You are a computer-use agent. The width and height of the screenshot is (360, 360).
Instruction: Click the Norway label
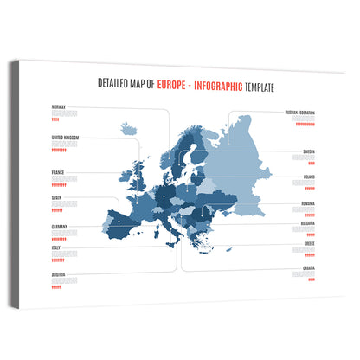click(x=59, y=106)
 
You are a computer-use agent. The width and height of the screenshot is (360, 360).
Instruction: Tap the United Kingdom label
click(x=66, y=138)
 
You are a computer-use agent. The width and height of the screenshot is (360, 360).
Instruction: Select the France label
click(x=59, y=171)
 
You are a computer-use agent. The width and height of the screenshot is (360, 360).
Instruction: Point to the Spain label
click(x=57, y=197)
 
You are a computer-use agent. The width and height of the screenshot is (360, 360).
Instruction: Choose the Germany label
click(x=61, y=226)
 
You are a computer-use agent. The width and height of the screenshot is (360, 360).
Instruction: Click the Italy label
click(x=56, y=247)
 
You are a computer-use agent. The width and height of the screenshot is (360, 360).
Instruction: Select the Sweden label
click(x=308, y=151)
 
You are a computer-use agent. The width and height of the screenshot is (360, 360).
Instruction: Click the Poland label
click(x=309, y=176)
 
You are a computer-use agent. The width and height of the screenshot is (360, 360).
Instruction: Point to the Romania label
click(x=307, y=204)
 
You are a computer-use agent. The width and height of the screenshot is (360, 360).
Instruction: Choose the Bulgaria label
click(x=307, y=222)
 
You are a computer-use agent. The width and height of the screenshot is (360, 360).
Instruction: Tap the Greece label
click(x=309, y=244)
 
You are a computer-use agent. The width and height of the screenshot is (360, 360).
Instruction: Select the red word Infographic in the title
click(x=221, y=85)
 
